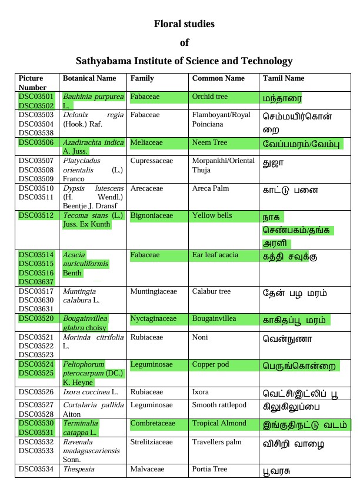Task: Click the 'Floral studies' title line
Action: (184, 24)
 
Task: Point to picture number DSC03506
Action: (36, 142)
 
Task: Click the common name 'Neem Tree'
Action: (209, 142)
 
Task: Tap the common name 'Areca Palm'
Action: (211, 188)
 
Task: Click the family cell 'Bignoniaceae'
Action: (152, 216)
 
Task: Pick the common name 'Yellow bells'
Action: (212, 216)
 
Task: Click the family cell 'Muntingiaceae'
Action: (154, 291)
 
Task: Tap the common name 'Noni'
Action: (201, 338)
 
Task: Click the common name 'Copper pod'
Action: (211, 365)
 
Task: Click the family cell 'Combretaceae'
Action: (152, 424)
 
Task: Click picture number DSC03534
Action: (36, 469)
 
